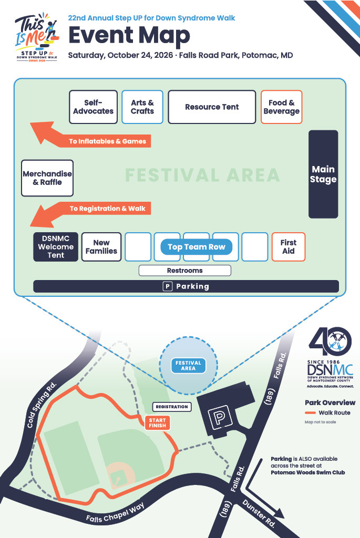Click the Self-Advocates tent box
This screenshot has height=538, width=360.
tap(94, 107)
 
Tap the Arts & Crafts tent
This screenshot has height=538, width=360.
tap(142, 107)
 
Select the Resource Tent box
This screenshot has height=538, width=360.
tap(212, 107)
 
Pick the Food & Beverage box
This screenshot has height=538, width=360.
tap(281, 107)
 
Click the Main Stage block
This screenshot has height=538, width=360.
tap(323, 174)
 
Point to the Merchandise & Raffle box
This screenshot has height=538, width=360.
tap(47, 178)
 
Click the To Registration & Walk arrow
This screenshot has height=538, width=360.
tap(90, 212)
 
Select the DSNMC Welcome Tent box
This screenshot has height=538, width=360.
tap(56, 247)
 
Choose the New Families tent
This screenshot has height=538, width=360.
tap(101, 247)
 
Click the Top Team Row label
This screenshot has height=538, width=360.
tap(197, 247)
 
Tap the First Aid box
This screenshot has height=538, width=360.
tap(289, 247)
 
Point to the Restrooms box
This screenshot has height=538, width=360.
tap(185, 271)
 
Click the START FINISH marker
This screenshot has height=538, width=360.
tap(158, 423)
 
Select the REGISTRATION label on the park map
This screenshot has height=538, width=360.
tap(172, 407)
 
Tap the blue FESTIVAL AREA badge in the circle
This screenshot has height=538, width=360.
tap(188, 366)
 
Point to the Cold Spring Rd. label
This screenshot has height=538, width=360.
tap(42, 405)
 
